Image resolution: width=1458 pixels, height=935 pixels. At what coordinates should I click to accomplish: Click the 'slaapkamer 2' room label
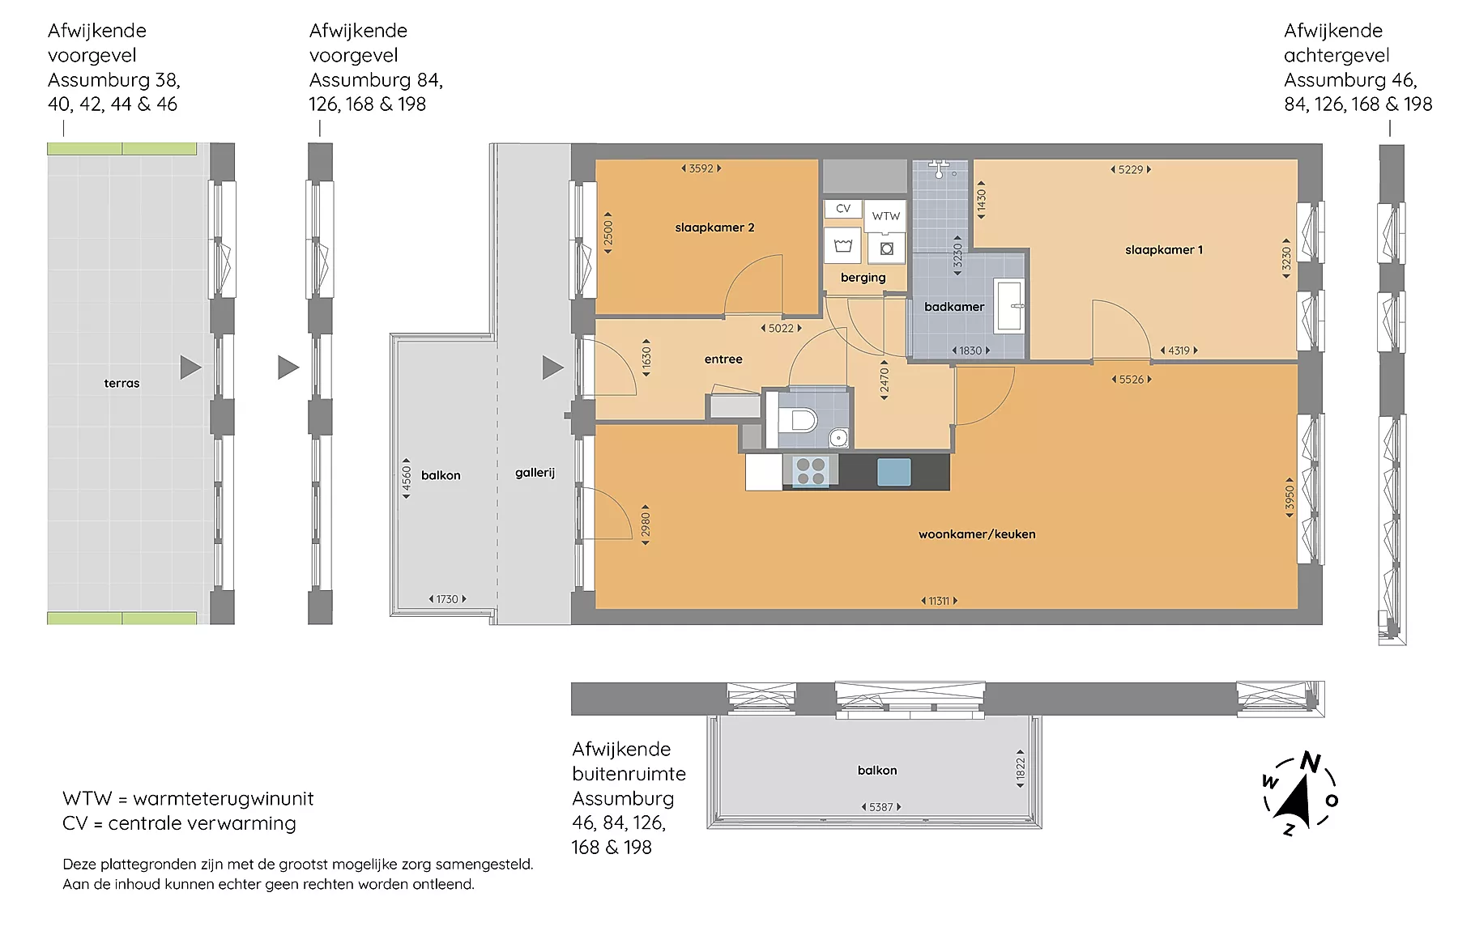(714, 227)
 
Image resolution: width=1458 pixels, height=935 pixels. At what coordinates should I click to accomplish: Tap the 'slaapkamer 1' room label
(1164, 250)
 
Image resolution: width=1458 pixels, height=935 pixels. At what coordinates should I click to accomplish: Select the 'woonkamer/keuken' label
(977, 534)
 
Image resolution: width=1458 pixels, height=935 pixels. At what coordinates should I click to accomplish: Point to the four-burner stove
(811, 471)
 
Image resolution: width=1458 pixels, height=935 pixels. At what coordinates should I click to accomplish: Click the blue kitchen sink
(894, 472)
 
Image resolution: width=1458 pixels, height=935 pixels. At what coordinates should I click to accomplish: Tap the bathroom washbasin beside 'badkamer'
(1010, 305)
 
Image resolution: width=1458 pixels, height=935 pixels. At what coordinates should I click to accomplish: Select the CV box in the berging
(843, 209)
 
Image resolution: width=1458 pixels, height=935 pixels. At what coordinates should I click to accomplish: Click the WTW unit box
(885, 216)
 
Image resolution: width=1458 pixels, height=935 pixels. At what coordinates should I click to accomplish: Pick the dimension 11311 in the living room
(939, 601)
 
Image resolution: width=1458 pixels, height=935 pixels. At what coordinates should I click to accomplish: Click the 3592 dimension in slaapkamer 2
(701, 168)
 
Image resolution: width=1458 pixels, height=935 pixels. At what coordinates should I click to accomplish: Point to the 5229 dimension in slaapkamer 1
(1131, 169)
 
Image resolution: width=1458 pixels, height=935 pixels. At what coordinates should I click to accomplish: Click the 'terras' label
(122, 384)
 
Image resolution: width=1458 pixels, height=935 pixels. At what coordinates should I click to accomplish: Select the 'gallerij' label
(535, 473)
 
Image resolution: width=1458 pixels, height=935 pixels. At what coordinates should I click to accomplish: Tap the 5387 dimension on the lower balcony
(880, 807)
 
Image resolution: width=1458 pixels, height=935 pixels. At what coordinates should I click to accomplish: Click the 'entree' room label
(723, 359)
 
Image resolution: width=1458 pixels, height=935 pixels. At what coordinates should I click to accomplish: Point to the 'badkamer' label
(954, 307)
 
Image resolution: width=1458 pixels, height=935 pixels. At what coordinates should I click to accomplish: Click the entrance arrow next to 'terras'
(190, 368)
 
